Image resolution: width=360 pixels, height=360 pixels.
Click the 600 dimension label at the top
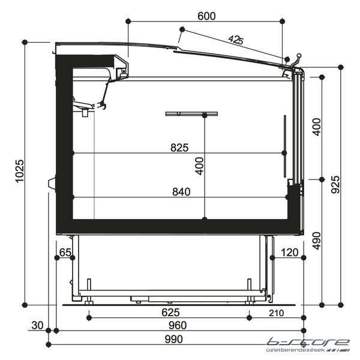(206, 16)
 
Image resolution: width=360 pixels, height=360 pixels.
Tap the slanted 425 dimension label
(236, 40)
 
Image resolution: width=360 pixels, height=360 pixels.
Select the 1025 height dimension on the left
(20, 171)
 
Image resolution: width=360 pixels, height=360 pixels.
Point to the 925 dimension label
(335, 185)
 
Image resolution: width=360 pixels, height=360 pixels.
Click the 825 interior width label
(179, 148)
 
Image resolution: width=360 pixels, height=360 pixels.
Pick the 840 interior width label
(181, 192)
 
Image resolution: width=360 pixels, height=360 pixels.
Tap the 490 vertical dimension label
(316, 241)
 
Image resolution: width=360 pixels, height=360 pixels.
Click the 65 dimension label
(65, 253)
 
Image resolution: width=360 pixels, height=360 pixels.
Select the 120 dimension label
(290, 253)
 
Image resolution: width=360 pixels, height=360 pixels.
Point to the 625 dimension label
(170, 313)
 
